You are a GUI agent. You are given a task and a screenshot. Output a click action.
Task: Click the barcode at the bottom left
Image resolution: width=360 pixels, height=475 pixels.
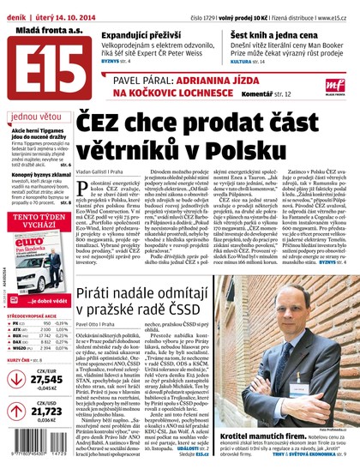[33, 449]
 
